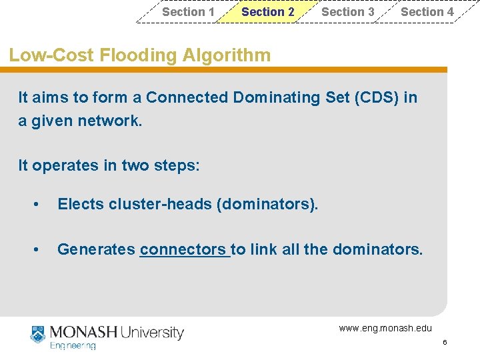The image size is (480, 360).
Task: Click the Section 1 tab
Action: (x=188, y=12)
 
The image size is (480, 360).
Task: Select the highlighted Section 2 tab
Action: (x=267, y=12)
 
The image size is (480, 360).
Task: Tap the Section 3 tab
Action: (x=347, y=12)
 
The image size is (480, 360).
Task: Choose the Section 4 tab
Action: (x=427, y=12)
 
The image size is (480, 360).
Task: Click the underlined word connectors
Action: (x=183, y=250)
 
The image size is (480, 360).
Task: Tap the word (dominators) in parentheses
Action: (x=267, y=204)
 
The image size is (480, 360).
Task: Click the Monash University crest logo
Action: (x=37, y=335)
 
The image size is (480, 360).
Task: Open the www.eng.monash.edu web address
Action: (x=385, y=328)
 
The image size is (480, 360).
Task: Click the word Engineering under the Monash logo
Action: (x=73, y=346)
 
